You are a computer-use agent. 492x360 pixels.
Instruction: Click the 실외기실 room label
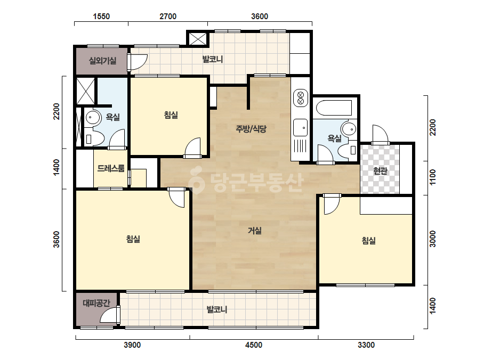[102, 61]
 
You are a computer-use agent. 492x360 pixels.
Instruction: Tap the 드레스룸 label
[111, 168]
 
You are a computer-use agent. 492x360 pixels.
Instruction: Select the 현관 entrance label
[380, 171]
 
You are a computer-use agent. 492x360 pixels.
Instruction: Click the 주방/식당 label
[251, 128]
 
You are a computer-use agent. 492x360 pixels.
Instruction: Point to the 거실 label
[255, 231]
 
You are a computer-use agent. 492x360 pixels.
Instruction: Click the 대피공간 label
[96, 303]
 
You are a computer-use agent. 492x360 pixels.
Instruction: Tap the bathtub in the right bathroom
[334, 108]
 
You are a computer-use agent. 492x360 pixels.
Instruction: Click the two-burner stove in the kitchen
[300, 97]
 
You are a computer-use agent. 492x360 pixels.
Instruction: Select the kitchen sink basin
[300, 128]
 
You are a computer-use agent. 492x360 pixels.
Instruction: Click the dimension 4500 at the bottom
[254, 345]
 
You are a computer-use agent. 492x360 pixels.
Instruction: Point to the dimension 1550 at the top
[101, 17]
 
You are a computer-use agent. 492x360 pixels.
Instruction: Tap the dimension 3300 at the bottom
[366, 345]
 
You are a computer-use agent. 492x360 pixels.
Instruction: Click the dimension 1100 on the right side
[433, 177]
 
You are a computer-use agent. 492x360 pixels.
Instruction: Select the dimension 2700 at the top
[168, 17]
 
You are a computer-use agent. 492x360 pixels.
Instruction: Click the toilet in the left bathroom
[94, 138]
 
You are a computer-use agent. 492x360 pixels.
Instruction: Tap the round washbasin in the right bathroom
[349, 129]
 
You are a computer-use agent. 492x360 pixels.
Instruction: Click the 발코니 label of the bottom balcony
[216, 310]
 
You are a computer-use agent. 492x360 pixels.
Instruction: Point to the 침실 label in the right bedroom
[369, 241]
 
